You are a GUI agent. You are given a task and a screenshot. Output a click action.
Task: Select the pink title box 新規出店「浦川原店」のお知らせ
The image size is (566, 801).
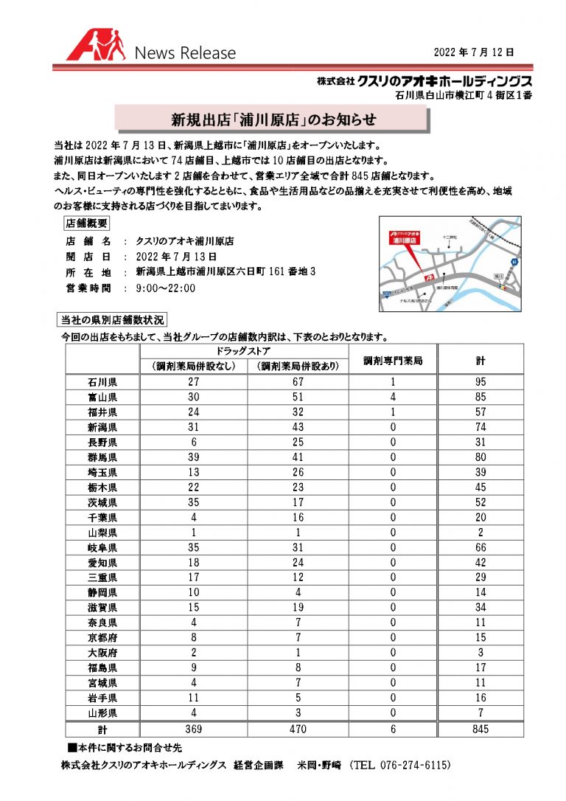[273, 119]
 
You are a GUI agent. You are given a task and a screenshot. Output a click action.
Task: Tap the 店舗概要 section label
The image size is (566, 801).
[86, 223]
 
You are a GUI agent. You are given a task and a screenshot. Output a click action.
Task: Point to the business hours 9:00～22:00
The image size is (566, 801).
[166, 288]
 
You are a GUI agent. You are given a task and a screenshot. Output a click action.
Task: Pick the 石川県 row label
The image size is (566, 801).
[102, 382]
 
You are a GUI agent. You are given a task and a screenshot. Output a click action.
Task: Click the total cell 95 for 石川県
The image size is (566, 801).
[481, 382]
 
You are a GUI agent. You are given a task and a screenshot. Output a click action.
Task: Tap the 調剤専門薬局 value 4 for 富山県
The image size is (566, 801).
[393, 397]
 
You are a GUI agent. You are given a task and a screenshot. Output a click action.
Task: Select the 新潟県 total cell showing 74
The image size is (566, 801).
[481, 427]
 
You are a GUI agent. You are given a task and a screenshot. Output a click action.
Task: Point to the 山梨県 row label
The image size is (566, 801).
[102, 533]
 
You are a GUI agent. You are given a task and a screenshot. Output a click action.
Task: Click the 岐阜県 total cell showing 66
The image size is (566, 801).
[481, 547]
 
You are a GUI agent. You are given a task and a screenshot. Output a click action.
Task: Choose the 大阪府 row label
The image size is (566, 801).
[102, 653]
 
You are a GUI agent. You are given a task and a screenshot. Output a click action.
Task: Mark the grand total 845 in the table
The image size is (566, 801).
[481, 729]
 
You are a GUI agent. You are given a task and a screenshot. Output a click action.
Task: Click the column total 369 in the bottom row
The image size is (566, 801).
[193, 729]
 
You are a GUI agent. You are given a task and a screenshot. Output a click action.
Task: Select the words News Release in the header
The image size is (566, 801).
[185, 53]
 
